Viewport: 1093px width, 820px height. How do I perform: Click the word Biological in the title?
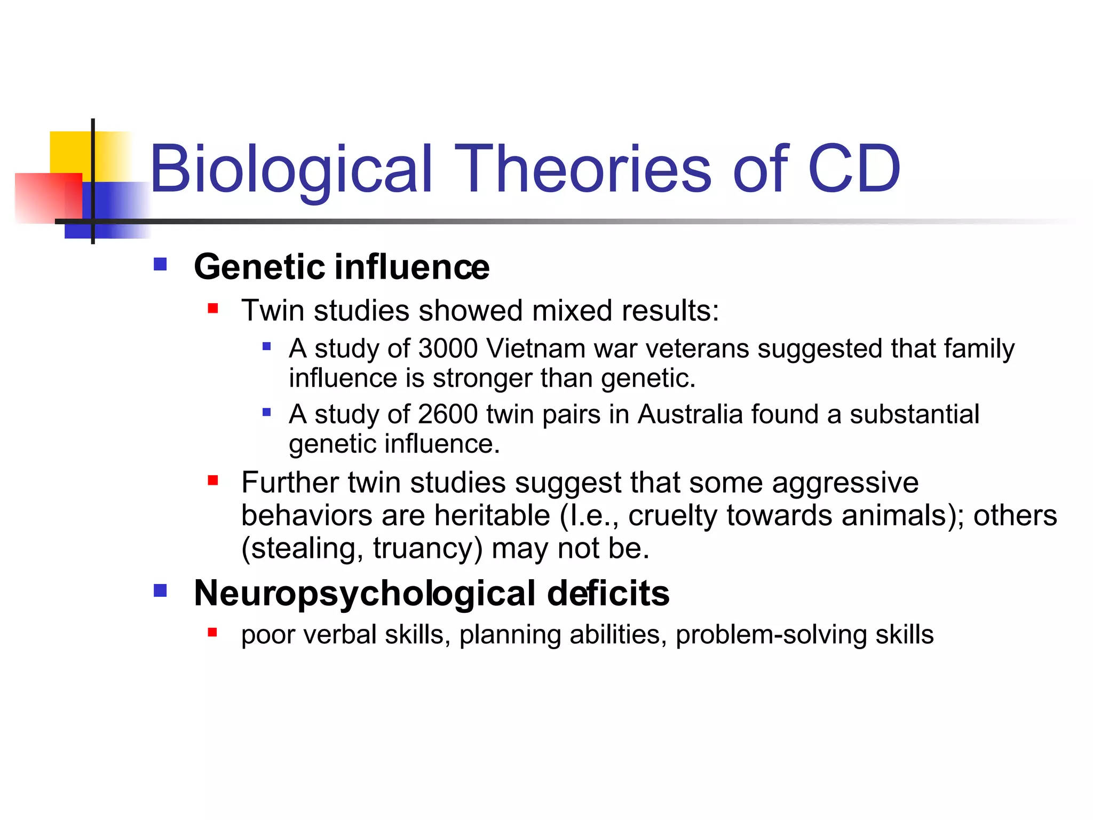coord(291,170)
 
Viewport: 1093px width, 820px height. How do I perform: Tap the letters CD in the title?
coord(854,170)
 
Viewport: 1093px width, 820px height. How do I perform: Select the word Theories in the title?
coord(582,170)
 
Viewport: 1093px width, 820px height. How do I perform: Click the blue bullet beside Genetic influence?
coord(160,264)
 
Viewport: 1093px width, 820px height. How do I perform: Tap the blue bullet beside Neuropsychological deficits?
coord(160,590)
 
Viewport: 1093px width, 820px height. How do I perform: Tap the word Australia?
coord(690,414)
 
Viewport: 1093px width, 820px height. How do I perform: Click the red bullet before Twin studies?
coord(213,308)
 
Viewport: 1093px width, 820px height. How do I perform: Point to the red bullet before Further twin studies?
coord(213,480)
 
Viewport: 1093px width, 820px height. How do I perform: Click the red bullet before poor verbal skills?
coord(212,633)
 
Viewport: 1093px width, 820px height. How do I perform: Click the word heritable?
coord(492,516)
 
